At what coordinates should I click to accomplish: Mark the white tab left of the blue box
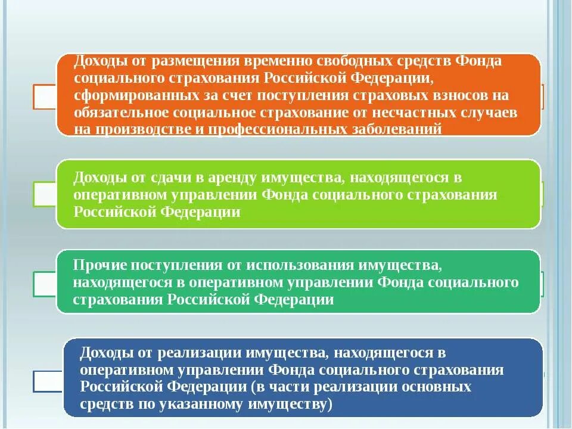(x=48, y=381)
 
